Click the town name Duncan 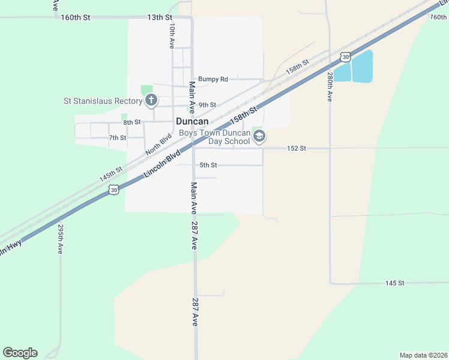click(x=192, y=121)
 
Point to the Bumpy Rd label click(x=213, y=79)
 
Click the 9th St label click(x=207, y=104)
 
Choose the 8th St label click(x=132, y=122)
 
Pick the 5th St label click(x=208, y=165)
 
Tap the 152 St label click(x=297, y=148)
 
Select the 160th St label click(x=75, y=17)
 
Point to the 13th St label click(x=159, y=17)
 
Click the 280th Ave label click(x=330, y=88)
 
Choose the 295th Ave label click(x=61, y=239)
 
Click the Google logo click(x=20, y=353)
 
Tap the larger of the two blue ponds click(x=362, y=66)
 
